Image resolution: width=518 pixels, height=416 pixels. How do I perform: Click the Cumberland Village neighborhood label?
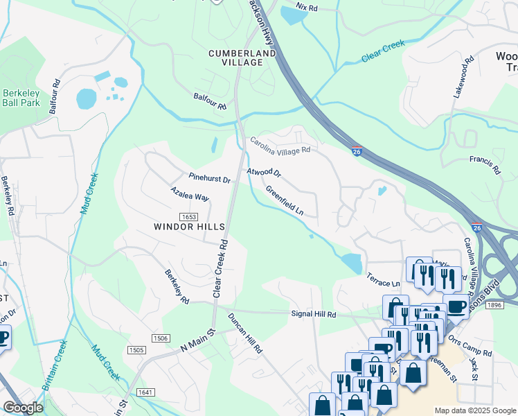[x=236, y=58]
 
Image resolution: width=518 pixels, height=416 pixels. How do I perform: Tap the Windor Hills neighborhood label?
[x=189, y=227]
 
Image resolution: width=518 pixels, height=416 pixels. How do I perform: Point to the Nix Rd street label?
[x=305, y=7]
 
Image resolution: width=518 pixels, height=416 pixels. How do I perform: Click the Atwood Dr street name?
[x=264, y=171]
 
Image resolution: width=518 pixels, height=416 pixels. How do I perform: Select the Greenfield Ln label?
[x=285, y=200]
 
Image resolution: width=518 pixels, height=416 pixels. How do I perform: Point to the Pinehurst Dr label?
[x=209, y=178]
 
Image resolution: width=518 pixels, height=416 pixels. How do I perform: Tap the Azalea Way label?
[x=190, y=193]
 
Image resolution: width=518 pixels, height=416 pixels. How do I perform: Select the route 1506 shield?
[x=160, y=338]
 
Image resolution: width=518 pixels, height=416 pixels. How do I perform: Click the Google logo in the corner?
[x=23, y=408]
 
